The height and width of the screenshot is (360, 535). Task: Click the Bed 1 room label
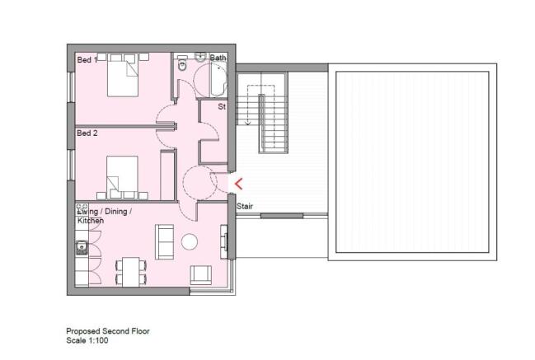(x=87, y=60)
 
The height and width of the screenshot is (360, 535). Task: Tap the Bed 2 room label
(x=87, y=133)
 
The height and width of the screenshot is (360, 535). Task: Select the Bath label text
(x=218, y=58)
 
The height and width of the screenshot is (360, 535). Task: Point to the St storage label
(x=222, y=107)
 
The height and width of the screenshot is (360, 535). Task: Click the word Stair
(x=245, y=206)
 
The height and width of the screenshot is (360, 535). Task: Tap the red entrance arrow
(x=238, y=184)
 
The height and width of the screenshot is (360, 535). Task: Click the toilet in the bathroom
(x=182, y=64)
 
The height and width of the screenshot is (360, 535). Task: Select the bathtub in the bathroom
(x=218, y=79)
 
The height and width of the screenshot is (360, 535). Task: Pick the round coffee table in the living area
(x=190, y=241)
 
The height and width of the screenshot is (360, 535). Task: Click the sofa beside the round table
(x=164, y=241)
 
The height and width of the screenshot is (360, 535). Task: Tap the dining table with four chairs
(x=131, y=272)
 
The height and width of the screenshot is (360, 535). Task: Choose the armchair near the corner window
(x=201, y=275)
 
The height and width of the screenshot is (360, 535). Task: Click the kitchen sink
(x=82, y=248)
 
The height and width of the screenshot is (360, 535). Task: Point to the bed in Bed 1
(x=123, y=75)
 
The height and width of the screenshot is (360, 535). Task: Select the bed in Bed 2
(x=123, y=177)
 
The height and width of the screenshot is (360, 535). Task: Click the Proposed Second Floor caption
(x=108, y=331)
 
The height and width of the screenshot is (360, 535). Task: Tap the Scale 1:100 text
(x=87, y=340)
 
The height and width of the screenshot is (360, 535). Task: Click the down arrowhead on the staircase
(x=248, y=123)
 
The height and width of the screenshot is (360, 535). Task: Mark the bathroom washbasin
(x=200, y=57)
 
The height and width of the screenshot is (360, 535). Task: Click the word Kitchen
(x=91, y=221)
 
